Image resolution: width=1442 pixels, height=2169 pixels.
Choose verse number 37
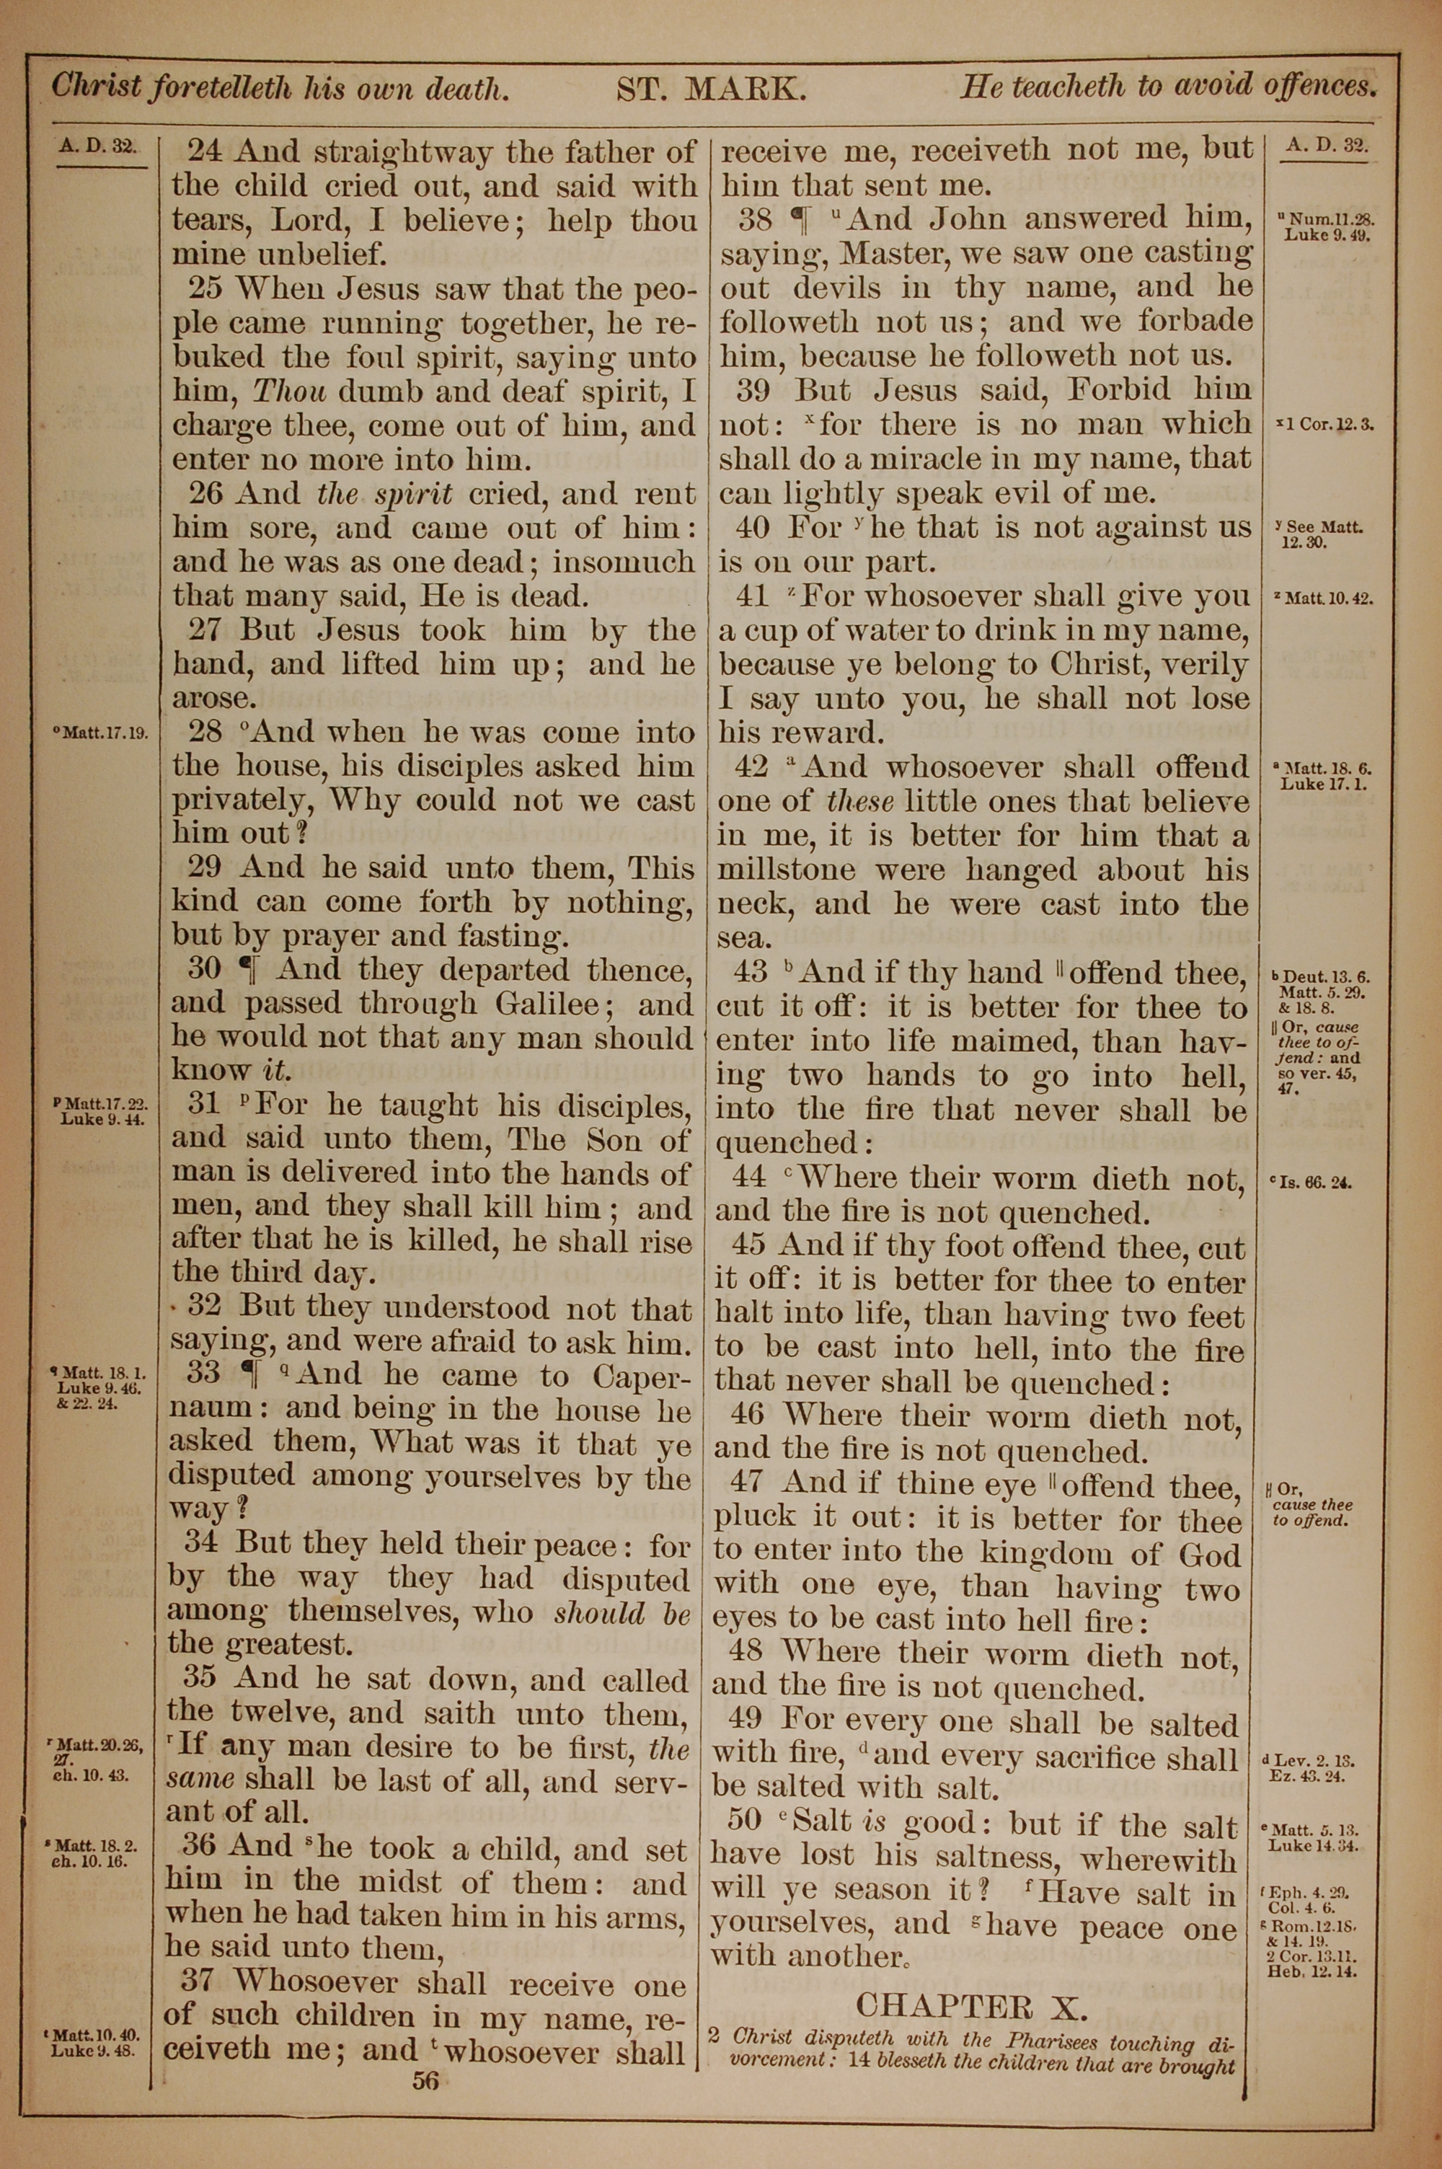[x=200, y=1982]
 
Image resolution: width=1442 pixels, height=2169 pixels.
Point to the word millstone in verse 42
[x=787, y=870]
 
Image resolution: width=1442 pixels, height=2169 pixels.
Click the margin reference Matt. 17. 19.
[x=103, y=734]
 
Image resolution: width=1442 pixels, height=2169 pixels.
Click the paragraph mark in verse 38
[x=798, y=221]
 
